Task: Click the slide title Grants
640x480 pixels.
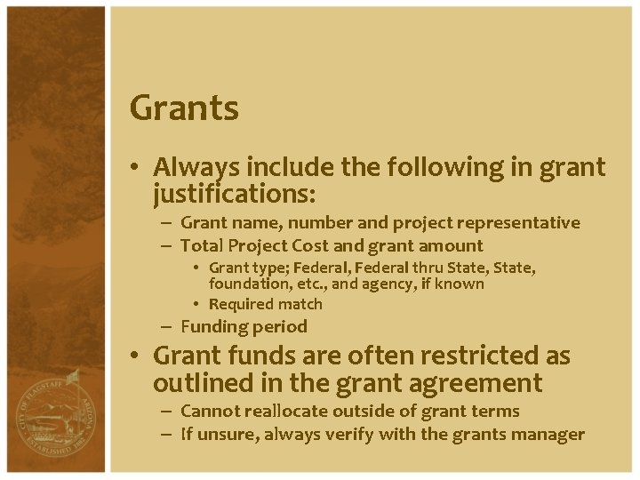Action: pyautogui.click(x=184, y=108)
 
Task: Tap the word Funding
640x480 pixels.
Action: pyautogui.click(x=213, y=326)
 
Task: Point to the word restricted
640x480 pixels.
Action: pyautogui.click(x=468, y=356)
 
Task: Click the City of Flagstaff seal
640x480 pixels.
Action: pyautogui.click(x=52, y=417)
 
